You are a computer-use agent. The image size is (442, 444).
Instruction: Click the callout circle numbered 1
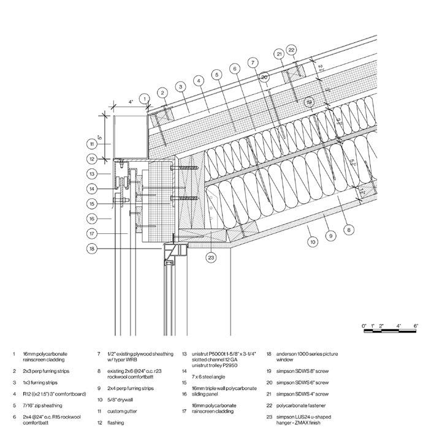pos(144,98)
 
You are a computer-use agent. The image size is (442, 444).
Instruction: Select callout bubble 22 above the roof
pos(291,50)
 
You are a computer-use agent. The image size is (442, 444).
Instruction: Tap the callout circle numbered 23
pos(211,257)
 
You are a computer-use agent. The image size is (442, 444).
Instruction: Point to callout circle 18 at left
pos(92,249)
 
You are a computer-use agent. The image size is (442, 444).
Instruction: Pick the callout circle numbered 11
pos(91,145)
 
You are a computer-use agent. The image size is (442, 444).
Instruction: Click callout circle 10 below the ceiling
pos(313,243)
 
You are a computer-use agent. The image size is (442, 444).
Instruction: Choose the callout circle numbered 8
pos(349,230)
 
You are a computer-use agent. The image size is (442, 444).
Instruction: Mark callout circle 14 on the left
pos(91,189)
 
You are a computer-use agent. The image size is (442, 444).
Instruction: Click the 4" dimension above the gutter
pos(131,102)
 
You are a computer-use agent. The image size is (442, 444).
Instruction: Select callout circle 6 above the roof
pos(235,68)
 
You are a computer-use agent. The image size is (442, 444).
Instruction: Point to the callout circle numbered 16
pos(91,218)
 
